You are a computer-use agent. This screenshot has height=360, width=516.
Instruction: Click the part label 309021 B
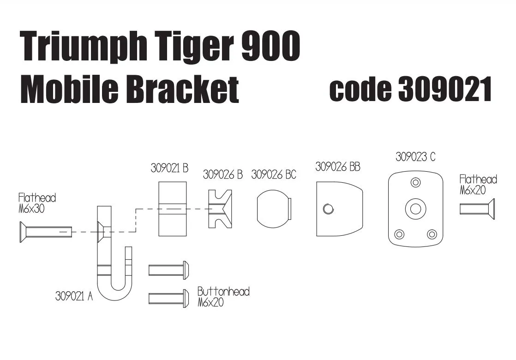(x=169, y=168)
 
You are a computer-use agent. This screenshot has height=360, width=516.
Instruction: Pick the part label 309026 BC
(x=274, y=175)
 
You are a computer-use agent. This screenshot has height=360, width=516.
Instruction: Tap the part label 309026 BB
(x=337, y=167)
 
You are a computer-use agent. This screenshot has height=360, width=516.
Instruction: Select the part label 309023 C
(x=415, y=157)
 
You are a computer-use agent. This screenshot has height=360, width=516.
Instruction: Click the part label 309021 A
(x=74, y=296)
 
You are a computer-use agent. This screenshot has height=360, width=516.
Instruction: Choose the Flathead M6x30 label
(x=37, y=203)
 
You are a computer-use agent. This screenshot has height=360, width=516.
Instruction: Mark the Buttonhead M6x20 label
(x=223, y=297)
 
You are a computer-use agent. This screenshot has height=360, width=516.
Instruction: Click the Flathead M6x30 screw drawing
(x=45, y=232)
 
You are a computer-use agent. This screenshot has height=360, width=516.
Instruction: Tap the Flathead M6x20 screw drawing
(x=477, y=209)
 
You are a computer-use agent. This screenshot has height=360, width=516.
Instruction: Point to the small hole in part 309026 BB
(x=328, y=209)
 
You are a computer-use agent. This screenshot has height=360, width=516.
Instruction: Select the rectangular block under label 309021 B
(x=173, y=208)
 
